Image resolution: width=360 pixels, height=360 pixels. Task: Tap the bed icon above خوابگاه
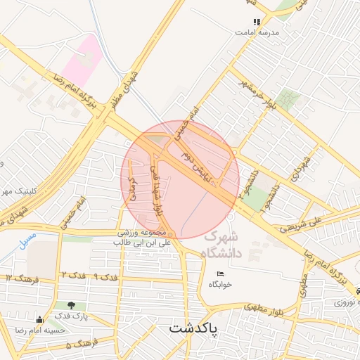[x=219, y=274]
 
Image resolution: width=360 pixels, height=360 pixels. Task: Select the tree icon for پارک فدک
[x=72, y=306]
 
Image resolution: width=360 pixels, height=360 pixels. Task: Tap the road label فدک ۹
[x=105, y=276]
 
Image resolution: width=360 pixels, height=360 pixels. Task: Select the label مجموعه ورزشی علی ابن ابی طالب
[x=142, y=237]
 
